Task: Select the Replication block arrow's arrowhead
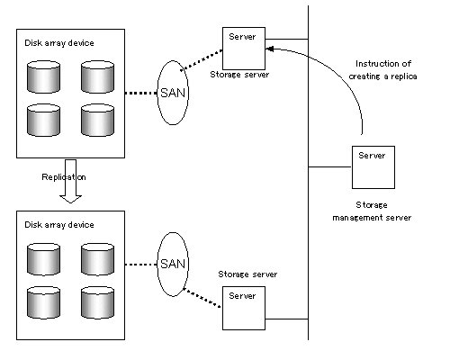(x=70, y=199)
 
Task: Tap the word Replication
(x=64, y=177)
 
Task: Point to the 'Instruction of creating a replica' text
(x=382, y=70)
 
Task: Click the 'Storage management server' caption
(x=372, y=211)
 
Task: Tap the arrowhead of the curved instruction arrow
(x=269, y=49)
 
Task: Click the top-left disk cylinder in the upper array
(x=43, y=76)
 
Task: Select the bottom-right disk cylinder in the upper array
(x=97, y=120)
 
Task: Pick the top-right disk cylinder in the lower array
(x=97, y=259)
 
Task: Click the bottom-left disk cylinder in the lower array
(x=43, y=302)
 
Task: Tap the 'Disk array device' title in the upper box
(x=59, y=43)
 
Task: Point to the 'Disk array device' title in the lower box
(x=59, y=225)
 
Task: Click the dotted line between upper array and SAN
(x=141, y=93)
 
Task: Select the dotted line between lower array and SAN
(x=141, y=265)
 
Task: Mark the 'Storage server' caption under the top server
(x=239, y=75)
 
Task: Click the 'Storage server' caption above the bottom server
(x=247, y=274)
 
